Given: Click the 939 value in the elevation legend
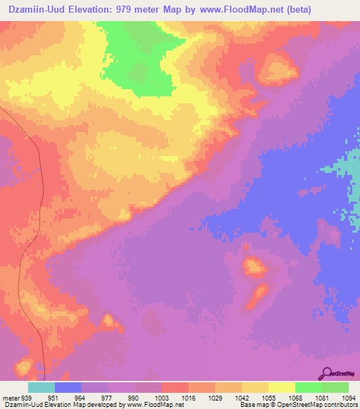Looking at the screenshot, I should [27, 397].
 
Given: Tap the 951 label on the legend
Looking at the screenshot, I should [53, 397].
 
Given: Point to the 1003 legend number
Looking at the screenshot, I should [161, 397].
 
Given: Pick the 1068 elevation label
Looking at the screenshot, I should [295, 397].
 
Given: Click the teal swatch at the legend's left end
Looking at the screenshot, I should [41, 387].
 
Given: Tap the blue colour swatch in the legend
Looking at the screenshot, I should [68, 387].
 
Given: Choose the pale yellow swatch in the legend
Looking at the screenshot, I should [281, 387].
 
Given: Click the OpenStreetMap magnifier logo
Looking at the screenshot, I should [326, 372].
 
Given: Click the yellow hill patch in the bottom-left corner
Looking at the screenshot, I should [23, 365].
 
